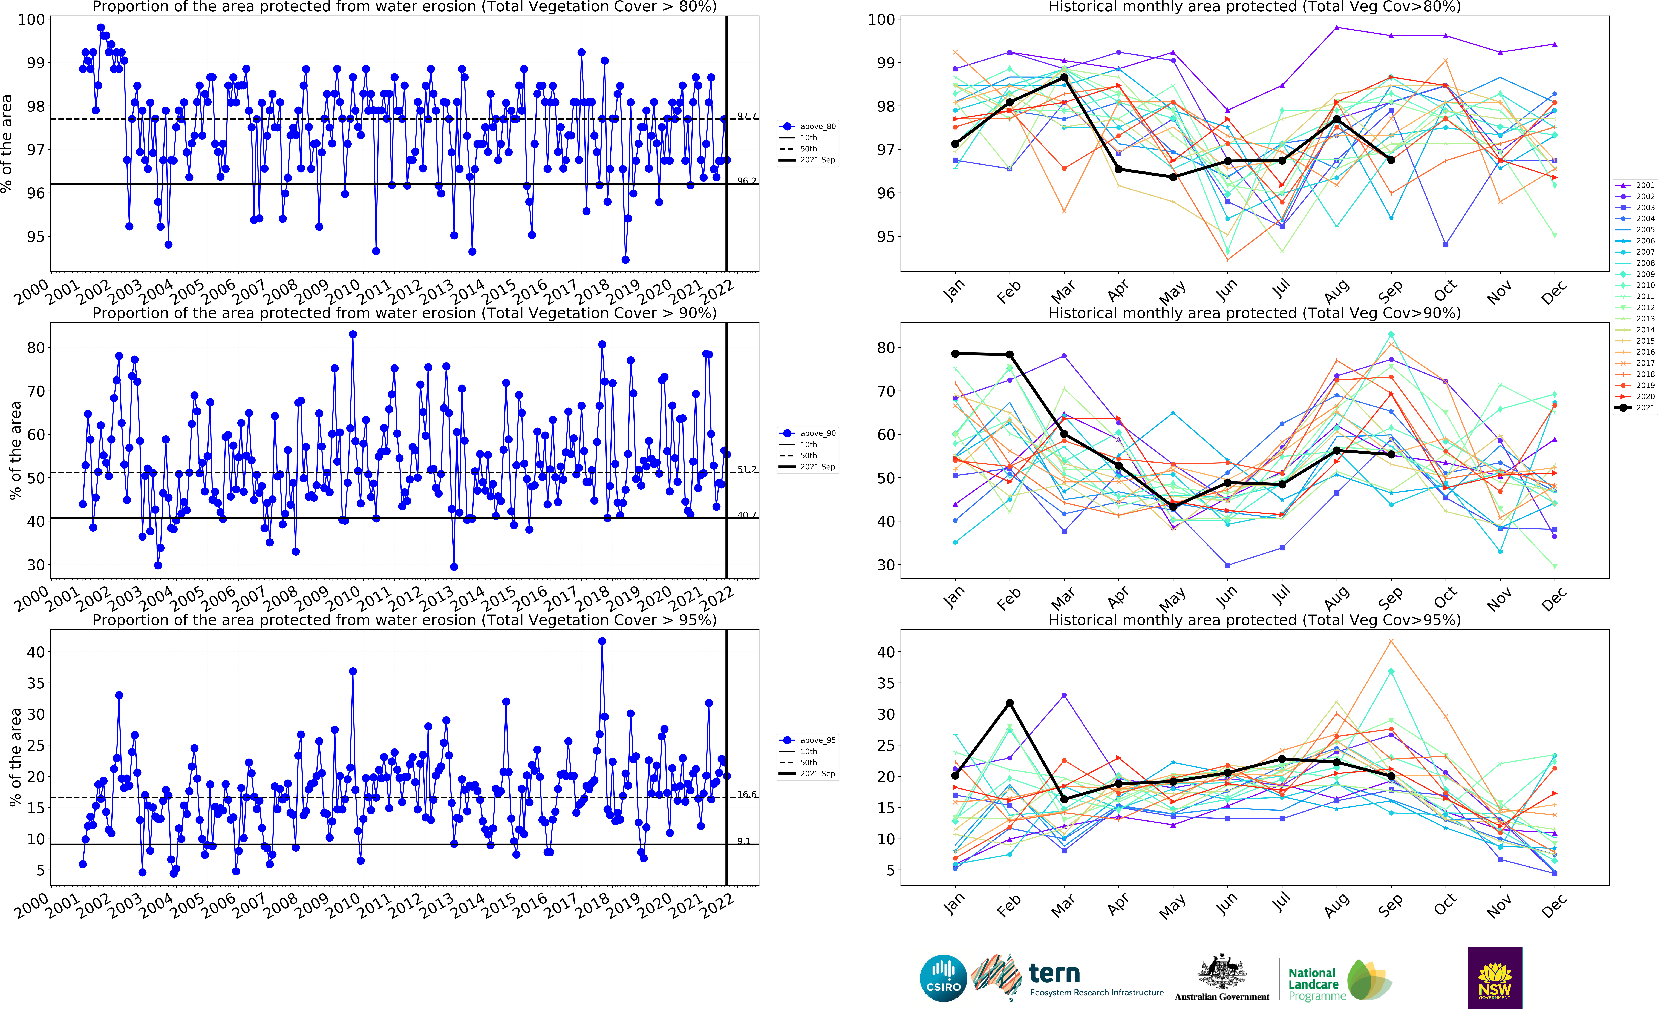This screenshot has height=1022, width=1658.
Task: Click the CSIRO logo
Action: (x=943, y=978)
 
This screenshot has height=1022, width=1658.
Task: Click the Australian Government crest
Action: (x=1222, y=973)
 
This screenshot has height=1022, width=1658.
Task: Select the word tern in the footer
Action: (x=1054, y=973)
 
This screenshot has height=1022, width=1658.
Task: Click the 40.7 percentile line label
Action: (x=747, y=515)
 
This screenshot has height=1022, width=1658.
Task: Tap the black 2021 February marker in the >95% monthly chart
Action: (x=1009, y=703)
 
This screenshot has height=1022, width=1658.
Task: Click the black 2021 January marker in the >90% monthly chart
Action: (x=955, y=354)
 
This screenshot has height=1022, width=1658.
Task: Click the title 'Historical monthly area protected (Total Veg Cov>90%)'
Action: (x=1254, y=313)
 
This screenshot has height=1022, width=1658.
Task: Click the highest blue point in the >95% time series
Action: (x=602, y=641)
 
